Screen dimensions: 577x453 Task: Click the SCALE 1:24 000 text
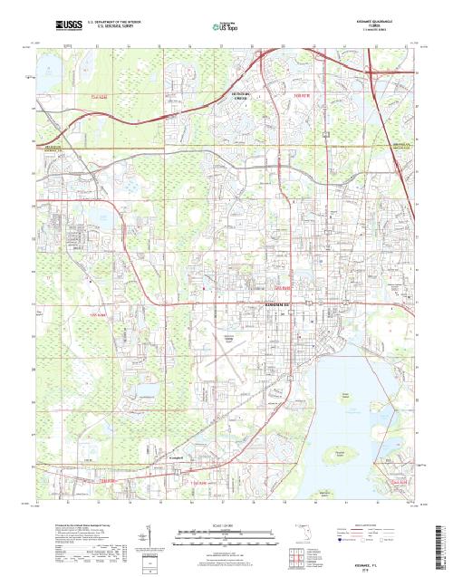coord(211,524)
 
